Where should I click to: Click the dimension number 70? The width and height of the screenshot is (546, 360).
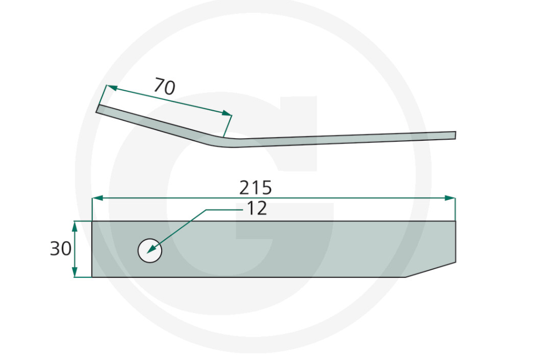coord(165,87)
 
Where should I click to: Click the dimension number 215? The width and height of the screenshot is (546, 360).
coord(256,188)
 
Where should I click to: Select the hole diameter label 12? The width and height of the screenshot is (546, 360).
coord(256,208)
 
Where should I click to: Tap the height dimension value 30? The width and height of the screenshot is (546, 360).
coord(60,249)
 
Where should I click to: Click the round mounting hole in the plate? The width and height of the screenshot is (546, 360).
coord(150,250)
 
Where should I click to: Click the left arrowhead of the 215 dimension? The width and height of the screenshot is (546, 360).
coord(97,198)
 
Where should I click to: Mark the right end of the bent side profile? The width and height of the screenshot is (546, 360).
coord(454,135)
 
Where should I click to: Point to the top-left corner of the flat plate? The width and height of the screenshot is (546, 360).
coord(92,221)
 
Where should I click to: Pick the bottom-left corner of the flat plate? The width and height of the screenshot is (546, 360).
coord(92,277)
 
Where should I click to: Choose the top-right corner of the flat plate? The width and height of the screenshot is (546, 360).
coord(455,221)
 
